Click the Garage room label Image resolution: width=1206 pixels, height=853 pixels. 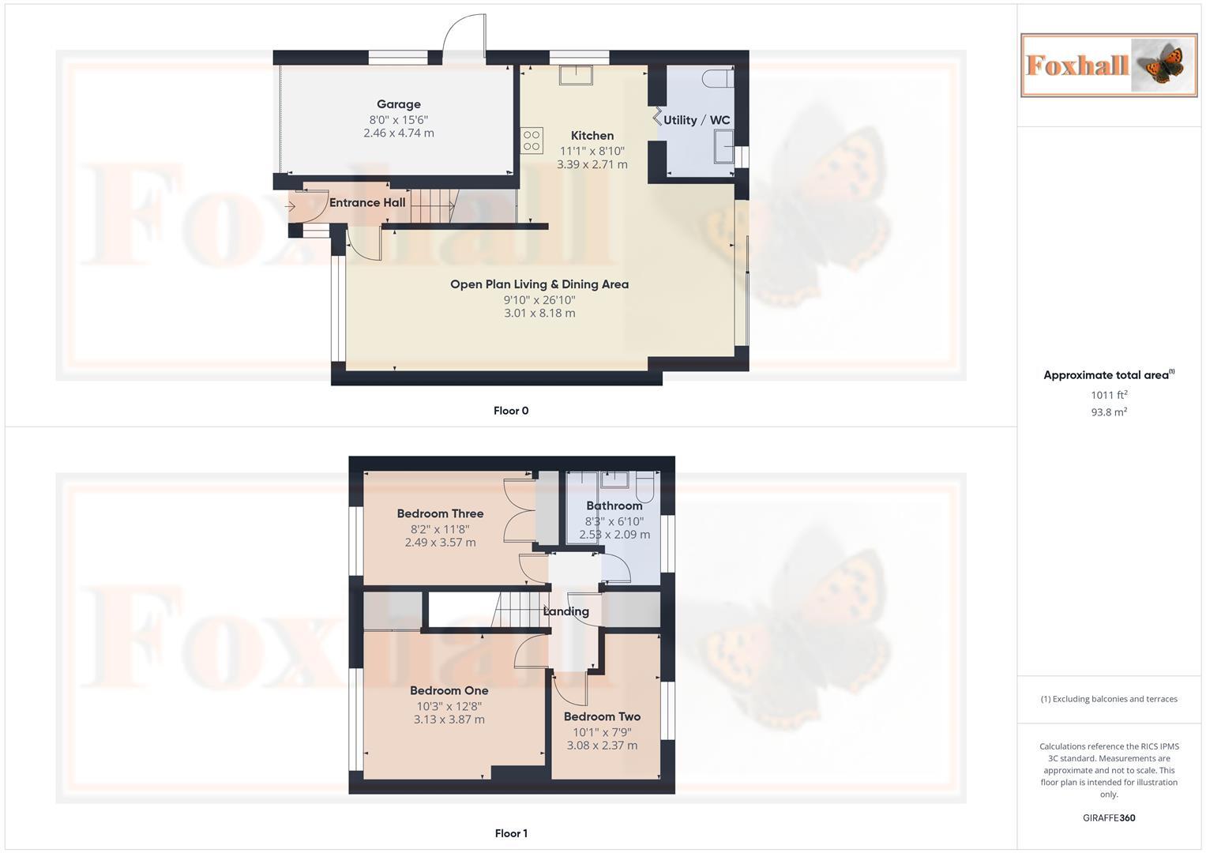(x=398, y=104)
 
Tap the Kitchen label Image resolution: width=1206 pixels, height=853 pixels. (x=592, y=136)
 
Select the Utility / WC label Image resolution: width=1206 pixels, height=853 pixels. (x=697, y=120)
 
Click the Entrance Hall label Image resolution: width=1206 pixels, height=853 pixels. (x=367, y=203)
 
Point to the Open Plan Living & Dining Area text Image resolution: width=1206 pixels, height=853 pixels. (x=539, y=284)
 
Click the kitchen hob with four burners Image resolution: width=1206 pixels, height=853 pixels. (x=532, y=141)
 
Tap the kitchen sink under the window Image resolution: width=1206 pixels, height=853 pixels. (x=577, y=75)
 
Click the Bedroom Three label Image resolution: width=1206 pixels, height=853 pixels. (x=440, y=513)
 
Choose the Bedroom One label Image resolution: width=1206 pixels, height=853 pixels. (x=449, y=690)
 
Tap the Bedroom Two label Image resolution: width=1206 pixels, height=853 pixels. (x=602, y=716)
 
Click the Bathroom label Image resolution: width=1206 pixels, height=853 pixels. (x=614, y=505)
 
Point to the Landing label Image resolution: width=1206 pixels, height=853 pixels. (x=566, y=611)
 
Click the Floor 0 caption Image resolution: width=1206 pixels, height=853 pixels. (x=511, y=411)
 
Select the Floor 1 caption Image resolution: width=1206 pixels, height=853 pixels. (x=511, y=833)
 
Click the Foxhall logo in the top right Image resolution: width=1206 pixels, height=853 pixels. (x=1109, y=65)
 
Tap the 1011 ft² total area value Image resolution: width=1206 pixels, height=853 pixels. (x=1109, y=395)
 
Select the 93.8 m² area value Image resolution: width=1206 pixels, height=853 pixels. (x=1109, y=412)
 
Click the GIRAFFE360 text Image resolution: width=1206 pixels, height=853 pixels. (x=1109, y=818)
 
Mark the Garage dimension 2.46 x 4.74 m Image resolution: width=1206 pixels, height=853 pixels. (x=398, y=133)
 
